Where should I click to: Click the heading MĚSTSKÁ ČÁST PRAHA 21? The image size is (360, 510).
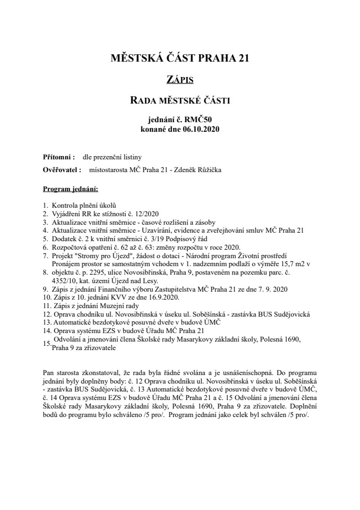tap(179, 59)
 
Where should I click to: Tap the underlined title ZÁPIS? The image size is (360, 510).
tap(179, 80)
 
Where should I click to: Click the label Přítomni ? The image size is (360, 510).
tap(58, 158)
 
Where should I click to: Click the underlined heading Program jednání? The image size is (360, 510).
tap(70, 189)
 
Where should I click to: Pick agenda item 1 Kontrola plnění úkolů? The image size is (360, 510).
tap(83, 205)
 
